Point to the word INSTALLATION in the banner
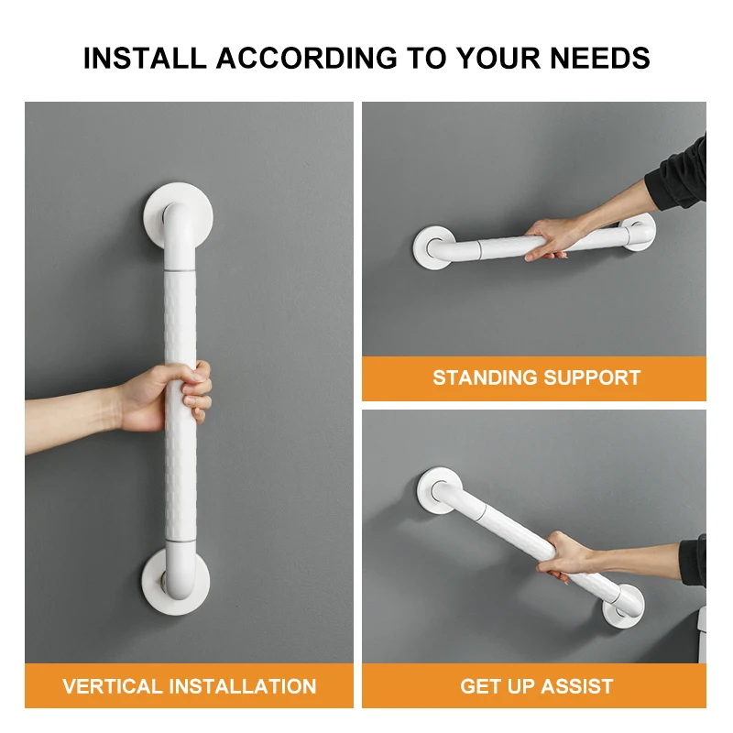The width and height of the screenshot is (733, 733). (x=246, y=686)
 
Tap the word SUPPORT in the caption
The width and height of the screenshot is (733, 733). (x=597, y=377)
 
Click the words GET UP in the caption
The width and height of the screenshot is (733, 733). (x=495, y=686)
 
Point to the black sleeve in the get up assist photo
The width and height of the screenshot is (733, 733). (x=693, y=562)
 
